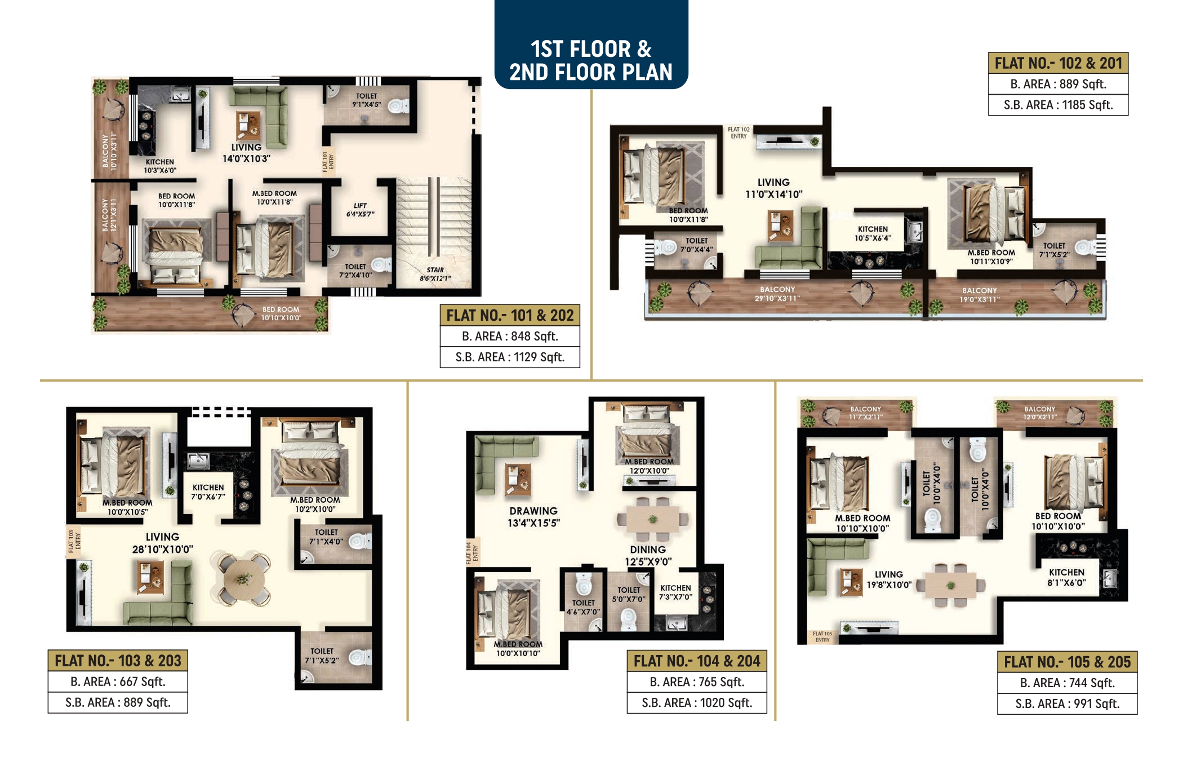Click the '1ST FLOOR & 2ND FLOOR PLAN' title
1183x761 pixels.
pyautogui.click(x=591, y=60)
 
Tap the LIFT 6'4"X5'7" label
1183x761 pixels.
pyautogui.click(x=360, y=210)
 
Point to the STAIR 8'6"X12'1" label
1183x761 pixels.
pyautogui.click(x=435, y=274)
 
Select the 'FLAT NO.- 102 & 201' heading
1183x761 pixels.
pyautogui.click(x=1058, y=63)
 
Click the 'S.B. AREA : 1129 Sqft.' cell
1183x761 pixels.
pyautogui.click(x=510, y=357)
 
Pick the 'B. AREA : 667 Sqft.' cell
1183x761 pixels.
pyautogui.click(x=118, y=682)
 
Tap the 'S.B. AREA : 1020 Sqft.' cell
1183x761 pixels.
pyautogui.click(x=697, y=702)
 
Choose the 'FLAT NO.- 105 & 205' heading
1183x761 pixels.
pyautogui.click(x=1067, y=662)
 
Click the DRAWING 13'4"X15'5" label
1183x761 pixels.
pyautogui.click(x=533, y=517)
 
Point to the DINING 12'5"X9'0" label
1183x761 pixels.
pyautogui.click(x=648, y=555)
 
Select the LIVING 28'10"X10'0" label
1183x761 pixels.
pyautogui.click(x=162, y=543)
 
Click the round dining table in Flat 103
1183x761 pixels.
pyautogui.click(x=243, y=579)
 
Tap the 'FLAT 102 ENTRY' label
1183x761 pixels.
pyautogui.click(x=739, y=132)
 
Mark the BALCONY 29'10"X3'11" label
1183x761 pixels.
pyautogui.click(x=777, y=294)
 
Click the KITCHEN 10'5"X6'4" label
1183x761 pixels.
pyautogui.click(x=873, y=233)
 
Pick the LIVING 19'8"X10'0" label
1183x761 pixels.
pyautogui.click(x=889, y=579)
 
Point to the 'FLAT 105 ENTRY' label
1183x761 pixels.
pyautogui.click(x=822, y=636)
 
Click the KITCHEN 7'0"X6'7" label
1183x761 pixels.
pyautogui.click(x=208, y=492)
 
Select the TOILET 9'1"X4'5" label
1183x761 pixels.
pyautogui.click(x=367, y=100)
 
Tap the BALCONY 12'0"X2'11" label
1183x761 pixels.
pyautogui.click(x=1040, y=413)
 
